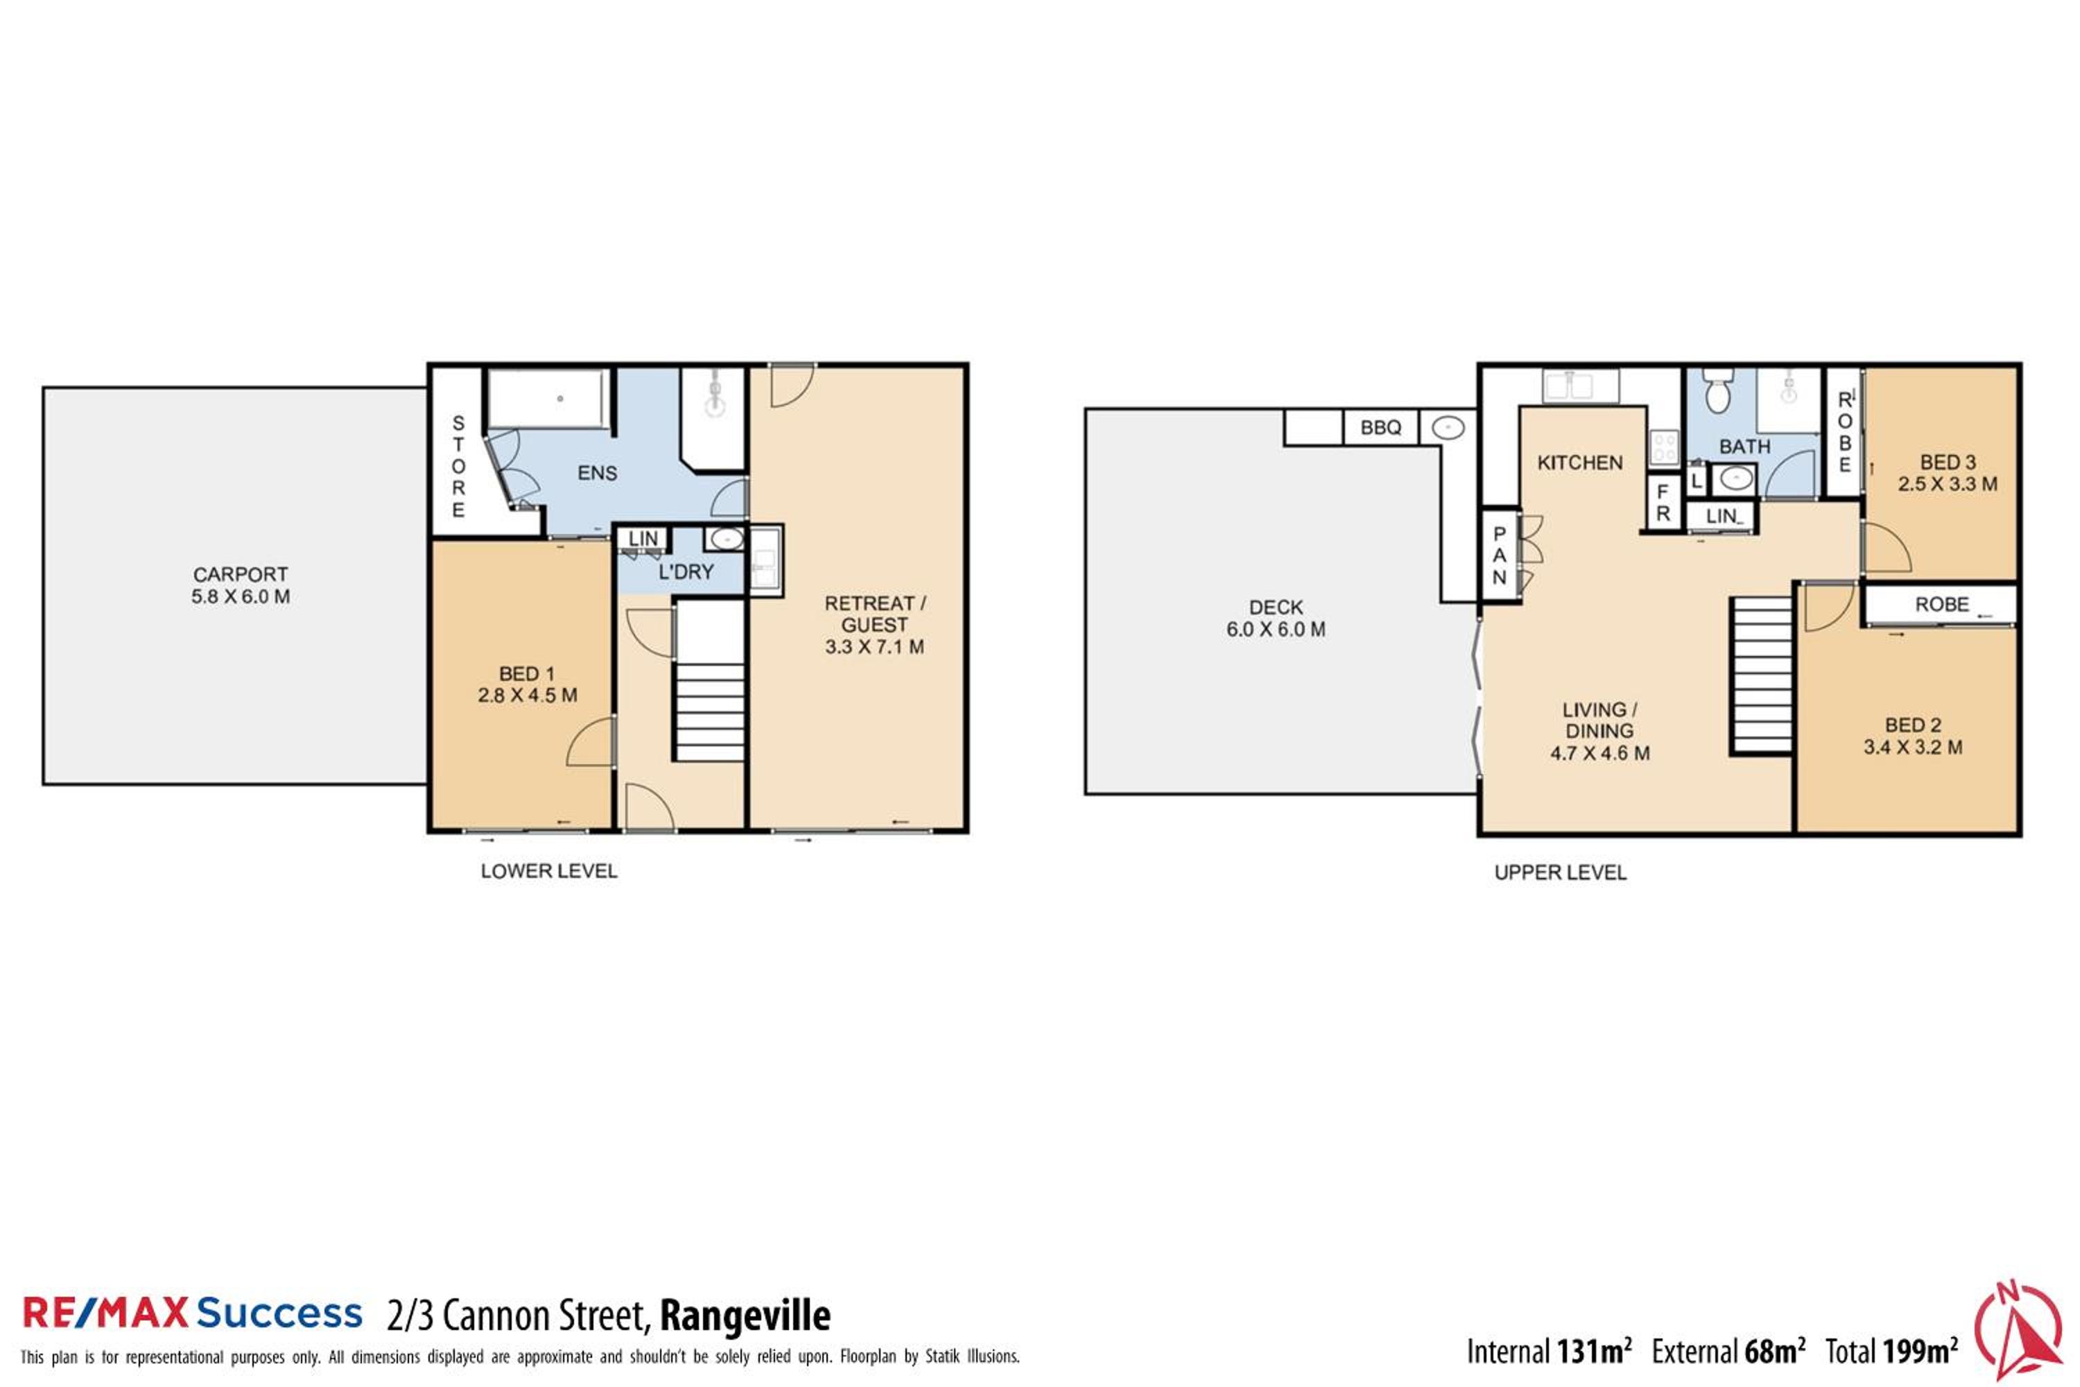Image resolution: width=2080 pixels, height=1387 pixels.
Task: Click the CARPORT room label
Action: click(x=241, y=574)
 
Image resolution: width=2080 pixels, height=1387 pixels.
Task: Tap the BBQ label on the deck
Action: click(x=1380, y=427)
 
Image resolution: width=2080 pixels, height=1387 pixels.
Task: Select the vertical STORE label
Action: click(x=458, y=466)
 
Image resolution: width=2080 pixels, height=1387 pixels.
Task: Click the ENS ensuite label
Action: click(x=597, y=473)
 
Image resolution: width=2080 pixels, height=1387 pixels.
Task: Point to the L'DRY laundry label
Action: click(x=686, y=572)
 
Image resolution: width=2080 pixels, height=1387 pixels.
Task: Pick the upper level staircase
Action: click(x=1762, y=675)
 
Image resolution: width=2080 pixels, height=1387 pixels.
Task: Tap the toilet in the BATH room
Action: click(x=1717, y=391)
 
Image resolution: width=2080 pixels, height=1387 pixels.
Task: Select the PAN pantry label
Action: click(x=1499, y=555)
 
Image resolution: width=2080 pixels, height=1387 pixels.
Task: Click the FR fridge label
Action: click(x=1663, y=502)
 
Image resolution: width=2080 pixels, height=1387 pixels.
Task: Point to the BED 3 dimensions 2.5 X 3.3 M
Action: click(x=1948, y=484)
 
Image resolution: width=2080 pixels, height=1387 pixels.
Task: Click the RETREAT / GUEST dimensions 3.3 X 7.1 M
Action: click(x=874, y=646)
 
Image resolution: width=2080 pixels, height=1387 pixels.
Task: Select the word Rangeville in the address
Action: click(x=745, y=1316)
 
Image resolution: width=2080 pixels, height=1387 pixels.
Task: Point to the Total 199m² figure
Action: click(x=1891, y=1351)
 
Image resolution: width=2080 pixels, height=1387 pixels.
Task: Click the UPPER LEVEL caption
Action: click(x=1560, y=873)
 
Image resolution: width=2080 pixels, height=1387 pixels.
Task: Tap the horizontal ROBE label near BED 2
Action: click(x=1942, y=604)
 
